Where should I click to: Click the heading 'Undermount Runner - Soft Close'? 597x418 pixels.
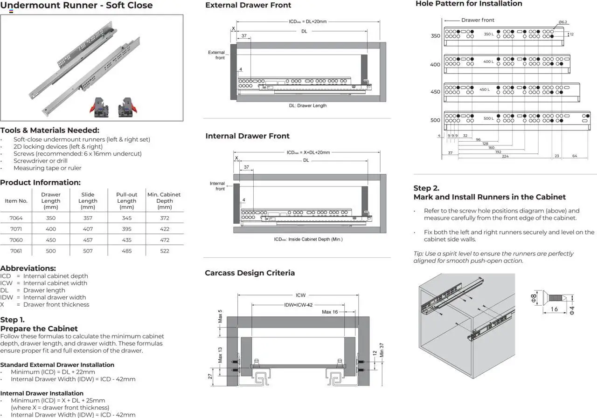pyautogui.click(x=76, y=6)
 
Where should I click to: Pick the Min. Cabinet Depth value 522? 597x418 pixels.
pyautogui.click(x=165, y=251)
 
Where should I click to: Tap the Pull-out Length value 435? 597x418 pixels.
pyautogui.click(x=126, y=240)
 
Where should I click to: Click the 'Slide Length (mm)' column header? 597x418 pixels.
pyautogui.click(x=88, y=201)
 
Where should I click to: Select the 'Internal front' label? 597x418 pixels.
pyautogui.click(x=217, y=186)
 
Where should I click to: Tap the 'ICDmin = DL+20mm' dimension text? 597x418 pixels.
pyautogui.click(x=307, y=21)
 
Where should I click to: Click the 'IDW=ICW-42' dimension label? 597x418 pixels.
pyautogui.click(x=298, y=305)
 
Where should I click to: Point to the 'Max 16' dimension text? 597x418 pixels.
pyautogui.click(x=330, y=312)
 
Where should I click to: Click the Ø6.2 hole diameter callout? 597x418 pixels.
pyautogui.click(x=562, y=22)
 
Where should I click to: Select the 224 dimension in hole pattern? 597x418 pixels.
pyautogui.click(x=505, y=156)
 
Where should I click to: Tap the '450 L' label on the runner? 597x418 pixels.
pyautogui.click(x=485, y=89)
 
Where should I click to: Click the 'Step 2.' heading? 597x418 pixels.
pyautogui.click(x=426, y=188)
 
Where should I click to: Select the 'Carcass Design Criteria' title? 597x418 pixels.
pyautogui.click(x=250, y=273)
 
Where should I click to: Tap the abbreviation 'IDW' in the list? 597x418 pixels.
pyautogui.click(x=7, y=297)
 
